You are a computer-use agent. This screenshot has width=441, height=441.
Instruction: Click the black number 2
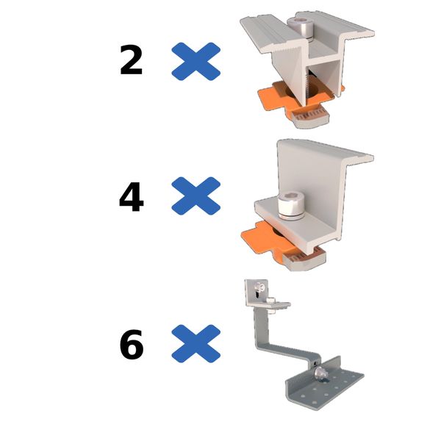click(x=131, y=61)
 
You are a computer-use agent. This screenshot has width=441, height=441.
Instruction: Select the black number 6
click(x=131, y=345)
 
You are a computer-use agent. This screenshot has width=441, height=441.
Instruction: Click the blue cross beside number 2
click(x=196, y=61)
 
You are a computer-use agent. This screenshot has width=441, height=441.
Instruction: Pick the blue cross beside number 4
click(x=196, y=196)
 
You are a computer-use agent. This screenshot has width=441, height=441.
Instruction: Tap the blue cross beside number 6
click(x=196, y=344)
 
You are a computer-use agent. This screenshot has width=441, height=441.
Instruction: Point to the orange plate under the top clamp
click(x=272, y=98)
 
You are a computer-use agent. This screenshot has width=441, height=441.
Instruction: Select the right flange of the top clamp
click(x=353, y=33)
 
